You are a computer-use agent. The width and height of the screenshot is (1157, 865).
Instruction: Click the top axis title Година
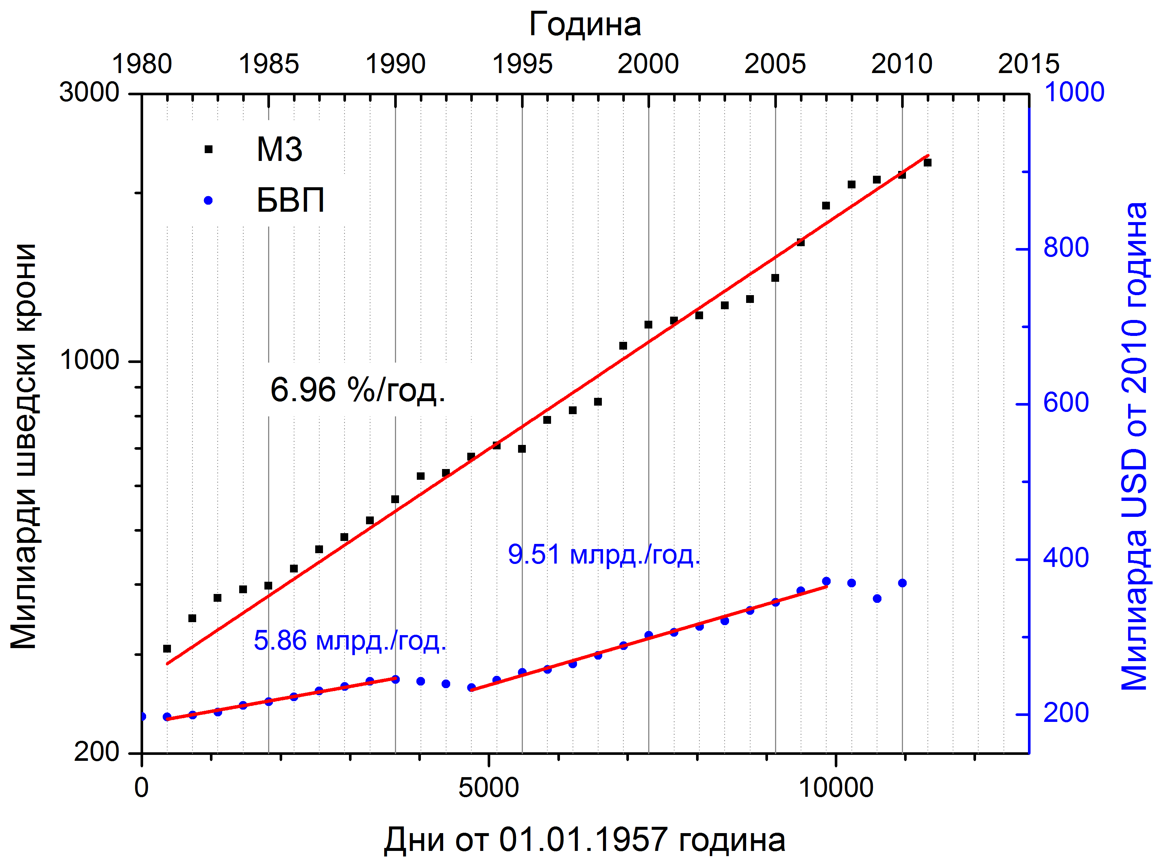(585, 24)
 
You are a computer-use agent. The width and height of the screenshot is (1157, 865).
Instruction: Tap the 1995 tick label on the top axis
(522, 64)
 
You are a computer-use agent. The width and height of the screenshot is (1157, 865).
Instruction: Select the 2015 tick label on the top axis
(1028, 64)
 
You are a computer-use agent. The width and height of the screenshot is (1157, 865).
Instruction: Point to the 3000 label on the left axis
(89, 93)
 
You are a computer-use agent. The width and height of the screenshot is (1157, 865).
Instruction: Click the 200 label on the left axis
(97, 752)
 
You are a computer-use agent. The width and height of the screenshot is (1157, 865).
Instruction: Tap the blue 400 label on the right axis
(1066, 558)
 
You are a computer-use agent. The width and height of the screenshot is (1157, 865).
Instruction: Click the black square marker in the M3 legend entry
(208, 149)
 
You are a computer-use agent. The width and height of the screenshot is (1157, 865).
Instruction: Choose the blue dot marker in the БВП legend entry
(208, 200)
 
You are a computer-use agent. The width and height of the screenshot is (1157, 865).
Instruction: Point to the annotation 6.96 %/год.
(357, 390)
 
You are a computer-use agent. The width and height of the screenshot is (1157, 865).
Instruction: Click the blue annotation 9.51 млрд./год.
(604, 555)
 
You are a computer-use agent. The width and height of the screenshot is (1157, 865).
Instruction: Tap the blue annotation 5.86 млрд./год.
(350, 641)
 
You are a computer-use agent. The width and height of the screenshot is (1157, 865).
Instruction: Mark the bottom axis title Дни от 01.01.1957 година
(584, 840)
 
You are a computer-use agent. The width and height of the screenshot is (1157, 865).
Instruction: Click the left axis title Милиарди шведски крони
(23, 447)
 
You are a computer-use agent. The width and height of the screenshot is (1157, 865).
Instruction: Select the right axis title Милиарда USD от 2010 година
(1134, 447)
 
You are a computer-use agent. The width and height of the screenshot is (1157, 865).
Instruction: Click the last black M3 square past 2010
(927, 163)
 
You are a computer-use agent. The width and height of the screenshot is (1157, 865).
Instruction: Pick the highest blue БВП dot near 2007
(826, 581)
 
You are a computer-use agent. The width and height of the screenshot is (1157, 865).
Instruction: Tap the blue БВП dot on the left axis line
(142, 716)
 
